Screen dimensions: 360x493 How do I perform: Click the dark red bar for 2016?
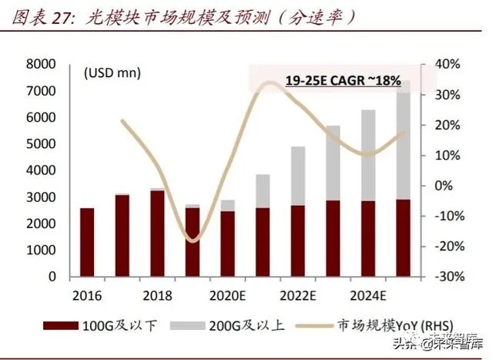coord(87,241)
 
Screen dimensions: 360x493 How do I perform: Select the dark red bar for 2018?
coord(156,233)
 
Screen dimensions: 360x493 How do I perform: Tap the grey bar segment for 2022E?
coord(297,176)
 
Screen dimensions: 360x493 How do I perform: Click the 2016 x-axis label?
coord(87,296)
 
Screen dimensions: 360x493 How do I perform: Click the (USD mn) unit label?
coord(112,74)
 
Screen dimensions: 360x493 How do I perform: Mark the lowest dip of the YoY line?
coord(192,241)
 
